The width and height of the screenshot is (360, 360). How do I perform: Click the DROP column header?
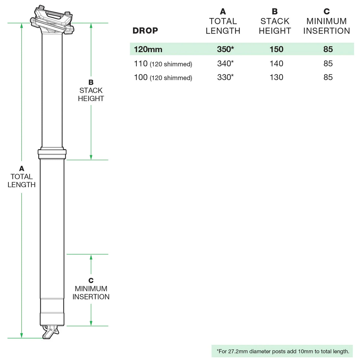pyautogui.click(x=145, y=31)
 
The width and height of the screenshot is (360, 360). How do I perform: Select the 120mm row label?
pyautogui.click(x=148, y=49)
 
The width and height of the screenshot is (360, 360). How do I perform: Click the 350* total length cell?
pyautogui.click(x=225, y=49)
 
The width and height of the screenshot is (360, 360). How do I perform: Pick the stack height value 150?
pyautogui.click(x=276, y=49)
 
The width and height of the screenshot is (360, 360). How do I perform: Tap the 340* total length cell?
pyautogui.click(x=225, y=63)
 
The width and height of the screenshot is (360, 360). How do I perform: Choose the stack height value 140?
pyautogui.click(x=276, y=63)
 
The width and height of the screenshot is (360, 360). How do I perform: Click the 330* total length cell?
pyautogui.click(x=225, y=77)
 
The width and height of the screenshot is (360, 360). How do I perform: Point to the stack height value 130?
pyautogui.click(x=276, y=77)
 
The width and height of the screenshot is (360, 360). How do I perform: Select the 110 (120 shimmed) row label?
pyautogui.click(x=163, y=64)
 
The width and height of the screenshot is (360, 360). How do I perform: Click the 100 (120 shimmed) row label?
pyautogui.click(x=163, y=77)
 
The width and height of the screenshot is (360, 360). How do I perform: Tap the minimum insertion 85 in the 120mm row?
pyautogui.click(x=328, y=49)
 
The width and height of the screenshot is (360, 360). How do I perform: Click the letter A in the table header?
pyautogui.click(x=223, y=11)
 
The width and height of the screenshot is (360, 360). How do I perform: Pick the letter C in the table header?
pyautogui.click(x=327, y=11)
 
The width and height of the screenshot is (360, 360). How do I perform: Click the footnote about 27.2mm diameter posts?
pyautogui.click(x=283, y=351)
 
